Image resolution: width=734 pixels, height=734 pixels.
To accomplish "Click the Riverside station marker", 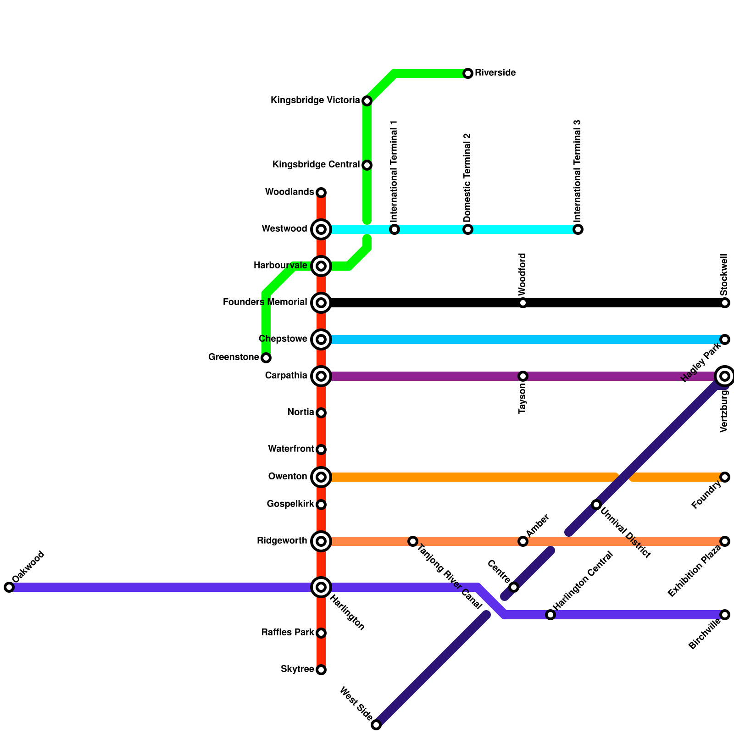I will coord(468,73).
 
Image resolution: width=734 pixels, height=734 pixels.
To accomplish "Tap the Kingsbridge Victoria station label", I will coord(315,100).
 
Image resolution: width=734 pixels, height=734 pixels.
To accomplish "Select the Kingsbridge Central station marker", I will coord(367,165).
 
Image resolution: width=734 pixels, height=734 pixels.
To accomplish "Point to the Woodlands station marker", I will coord(321,192).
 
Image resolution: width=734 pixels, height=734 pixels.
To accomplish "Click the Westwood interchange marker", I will coord(321,229).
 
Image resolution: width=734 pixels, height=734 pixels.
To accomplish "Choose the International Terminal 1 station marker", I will coord(395,229).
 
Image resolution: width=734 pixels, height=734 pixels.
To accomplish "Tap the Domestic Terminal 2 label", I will coord(467,177).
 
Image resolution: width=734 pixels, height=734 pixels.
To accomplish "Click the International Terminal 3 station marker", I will coord(578,229).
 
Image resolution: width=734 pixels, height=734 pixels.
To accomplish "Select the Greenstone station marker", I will coord(266,358).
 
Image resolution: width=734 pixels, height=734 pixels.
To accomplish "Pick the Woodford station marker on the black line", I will coord(523,303).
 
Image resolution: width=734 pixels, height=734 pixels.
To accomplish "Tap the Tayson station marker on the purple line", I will coord(523,376).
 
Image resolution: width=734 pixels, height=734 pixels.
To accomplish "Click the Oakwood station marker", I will coord(9,587).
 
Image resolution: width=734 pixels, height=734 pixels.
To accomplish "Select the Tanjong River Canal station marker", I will coord(413,541).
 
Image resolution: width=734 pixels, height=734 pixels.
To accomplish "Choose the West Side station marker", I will coord(376,725).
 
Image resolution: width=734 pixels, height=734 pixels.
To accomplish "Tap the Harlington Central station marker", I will coord(550,615).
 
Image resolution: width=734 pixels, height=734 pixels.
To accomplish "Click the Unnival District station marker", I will coord(596,505).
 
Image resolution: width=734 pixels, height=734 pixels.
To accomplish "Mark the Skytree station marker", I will coord(321,670).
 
